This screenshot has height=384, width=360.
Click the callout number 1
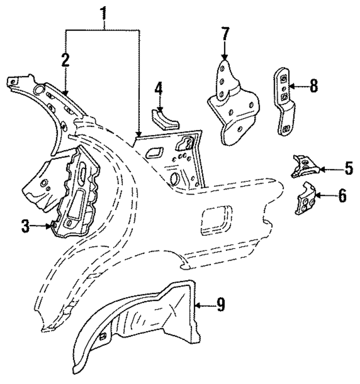[104, 13]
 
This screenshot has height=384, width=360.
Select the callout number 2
[65, 61]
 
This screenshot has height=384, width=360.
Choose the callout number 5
[347, 169]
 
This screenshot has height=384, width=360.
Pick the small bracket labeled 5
[305, 167]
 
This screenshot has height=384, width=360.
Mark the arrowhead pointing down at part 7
[224, 58]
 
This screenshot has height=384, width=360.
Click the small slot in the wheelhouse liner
[102, 337]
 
